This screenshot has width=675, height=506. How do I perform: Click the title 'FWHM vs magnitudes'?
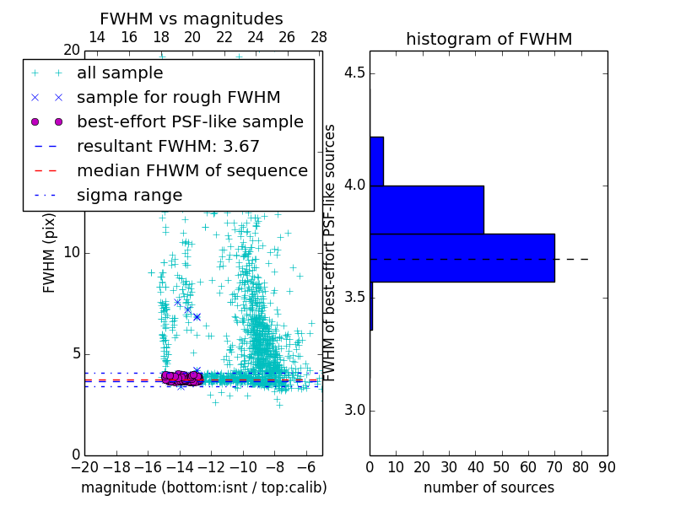pos(192,19)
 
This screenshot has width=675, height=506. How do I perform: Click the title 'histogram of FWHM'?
pos(489,40)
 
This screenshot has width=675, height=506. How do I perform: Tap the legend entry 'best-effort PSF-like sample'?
pos(190,122)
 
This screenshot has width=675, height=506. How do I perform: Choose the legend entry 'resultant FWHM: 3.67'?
pos(168,147)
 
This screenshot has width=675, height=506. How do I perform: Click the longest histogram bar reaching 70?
pos(462,257)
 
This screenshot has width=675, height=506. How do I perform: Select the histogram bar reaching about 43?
pos(427,209)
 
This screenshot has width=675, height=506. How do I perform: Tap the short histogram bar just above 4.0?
pos(376,161)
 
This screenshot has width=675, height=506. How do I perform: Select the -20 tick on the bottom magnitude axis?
pos(84,466)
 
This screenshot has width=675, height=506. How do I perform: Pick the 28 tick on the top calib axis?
pos(319,37)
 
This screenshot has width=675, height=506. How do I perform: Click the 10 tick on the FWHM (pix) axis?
pos(71,253)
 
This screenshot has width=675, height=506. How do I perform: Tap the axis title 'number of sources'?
pos(489,487)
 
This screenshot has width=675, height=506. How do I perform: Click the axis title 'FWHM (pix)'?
pos(50,253)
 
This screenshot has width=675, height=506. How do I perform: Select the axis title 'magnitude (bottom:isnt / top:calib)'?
pos(203,487)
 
